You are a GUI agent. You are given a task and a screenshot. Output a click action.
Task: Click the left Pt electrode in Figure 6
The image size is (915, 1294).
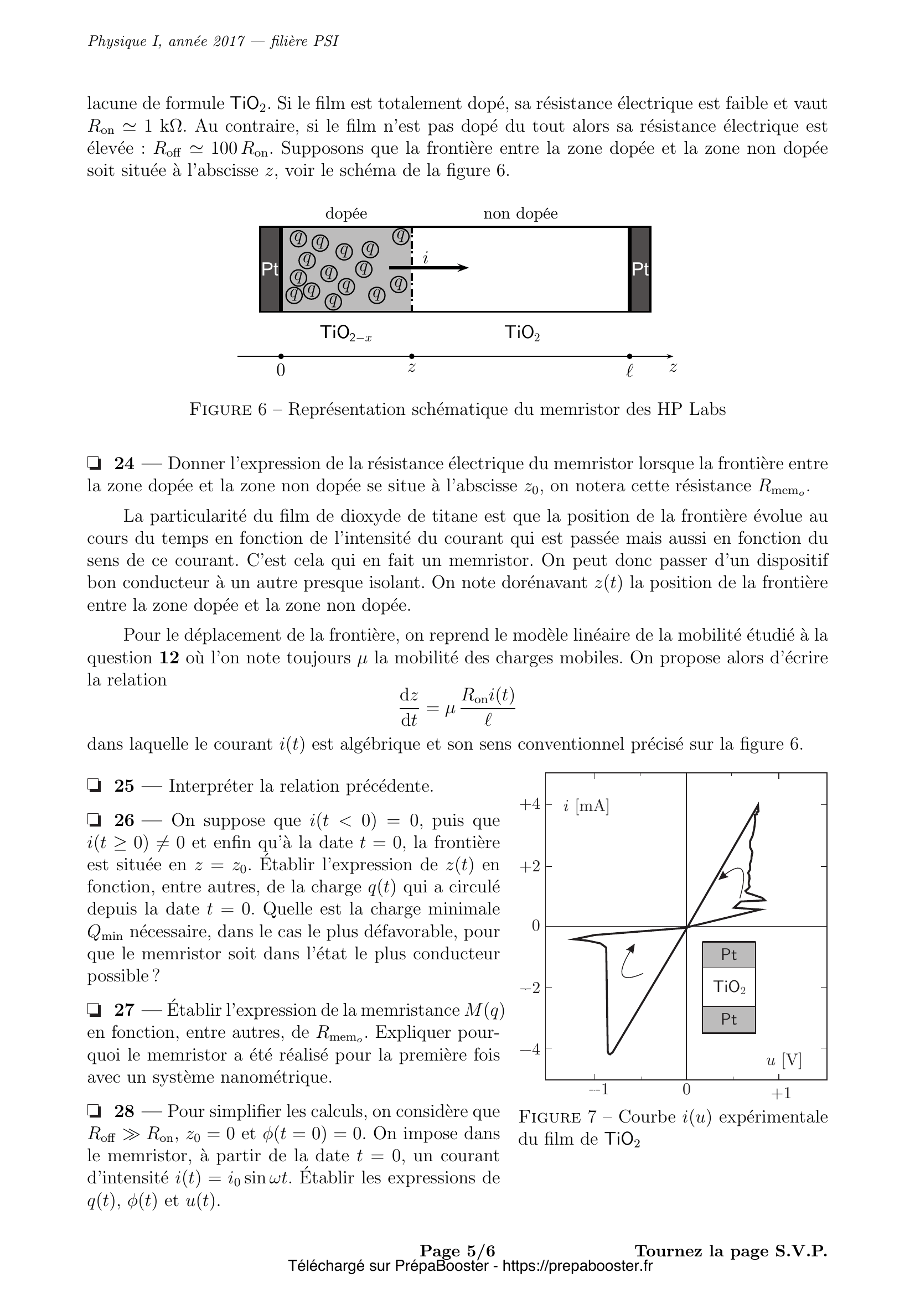tap(270, 269)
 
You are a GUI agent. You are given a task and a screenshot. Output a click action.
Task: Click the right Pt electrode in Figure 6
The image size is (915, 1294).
tap(640, 269)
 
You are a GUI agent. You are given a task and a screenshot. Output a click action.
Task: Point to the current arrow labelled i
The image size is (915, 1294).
tap(429, 267)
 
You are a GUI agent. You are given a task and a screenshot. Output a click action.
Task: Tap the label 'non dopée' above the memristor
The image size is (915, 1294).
tap(520, 214)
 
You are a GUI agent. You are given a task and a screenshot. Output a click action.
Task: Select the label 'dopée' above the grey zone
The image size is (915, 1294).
tap(346, 214)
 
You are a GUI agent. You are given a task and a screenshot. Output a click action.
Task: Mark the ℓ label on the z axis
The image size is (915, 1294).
tap(630, 371)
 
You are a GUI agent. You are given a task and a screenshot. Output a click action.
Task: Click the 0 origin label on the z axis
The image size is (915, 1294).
tap(281, 371)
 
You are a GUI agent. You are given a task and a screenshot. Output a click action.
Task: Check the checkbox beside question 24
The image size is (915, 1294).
tap(94, 464)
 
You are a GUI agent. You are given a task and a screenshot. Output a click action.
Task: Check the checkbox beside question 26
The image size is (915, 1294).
tap(94, 820)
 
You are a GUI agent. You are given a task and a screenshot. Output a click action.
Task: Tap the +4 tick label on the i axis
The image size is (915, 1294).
tap(529, 804)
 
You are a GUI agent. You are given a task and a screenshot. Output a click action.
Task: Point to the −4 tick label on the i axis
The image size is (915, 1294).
tap(529, 1049)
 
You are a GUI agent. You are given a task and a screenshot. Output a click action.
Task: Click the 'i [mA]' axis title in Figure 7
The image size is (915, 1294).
tap(586, 807)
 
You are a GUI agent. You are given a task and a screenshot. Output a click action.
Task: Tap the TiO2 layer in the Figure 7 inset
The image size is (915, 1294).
tap(728, 986)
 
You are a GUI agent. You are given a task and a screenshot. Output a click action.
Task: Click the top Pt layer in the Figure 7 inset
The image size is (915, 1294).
tap(728, 955)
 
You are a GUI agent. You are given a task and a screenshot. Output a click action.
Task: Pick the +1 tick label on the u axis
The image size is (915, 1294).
tap(781, 1093)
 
